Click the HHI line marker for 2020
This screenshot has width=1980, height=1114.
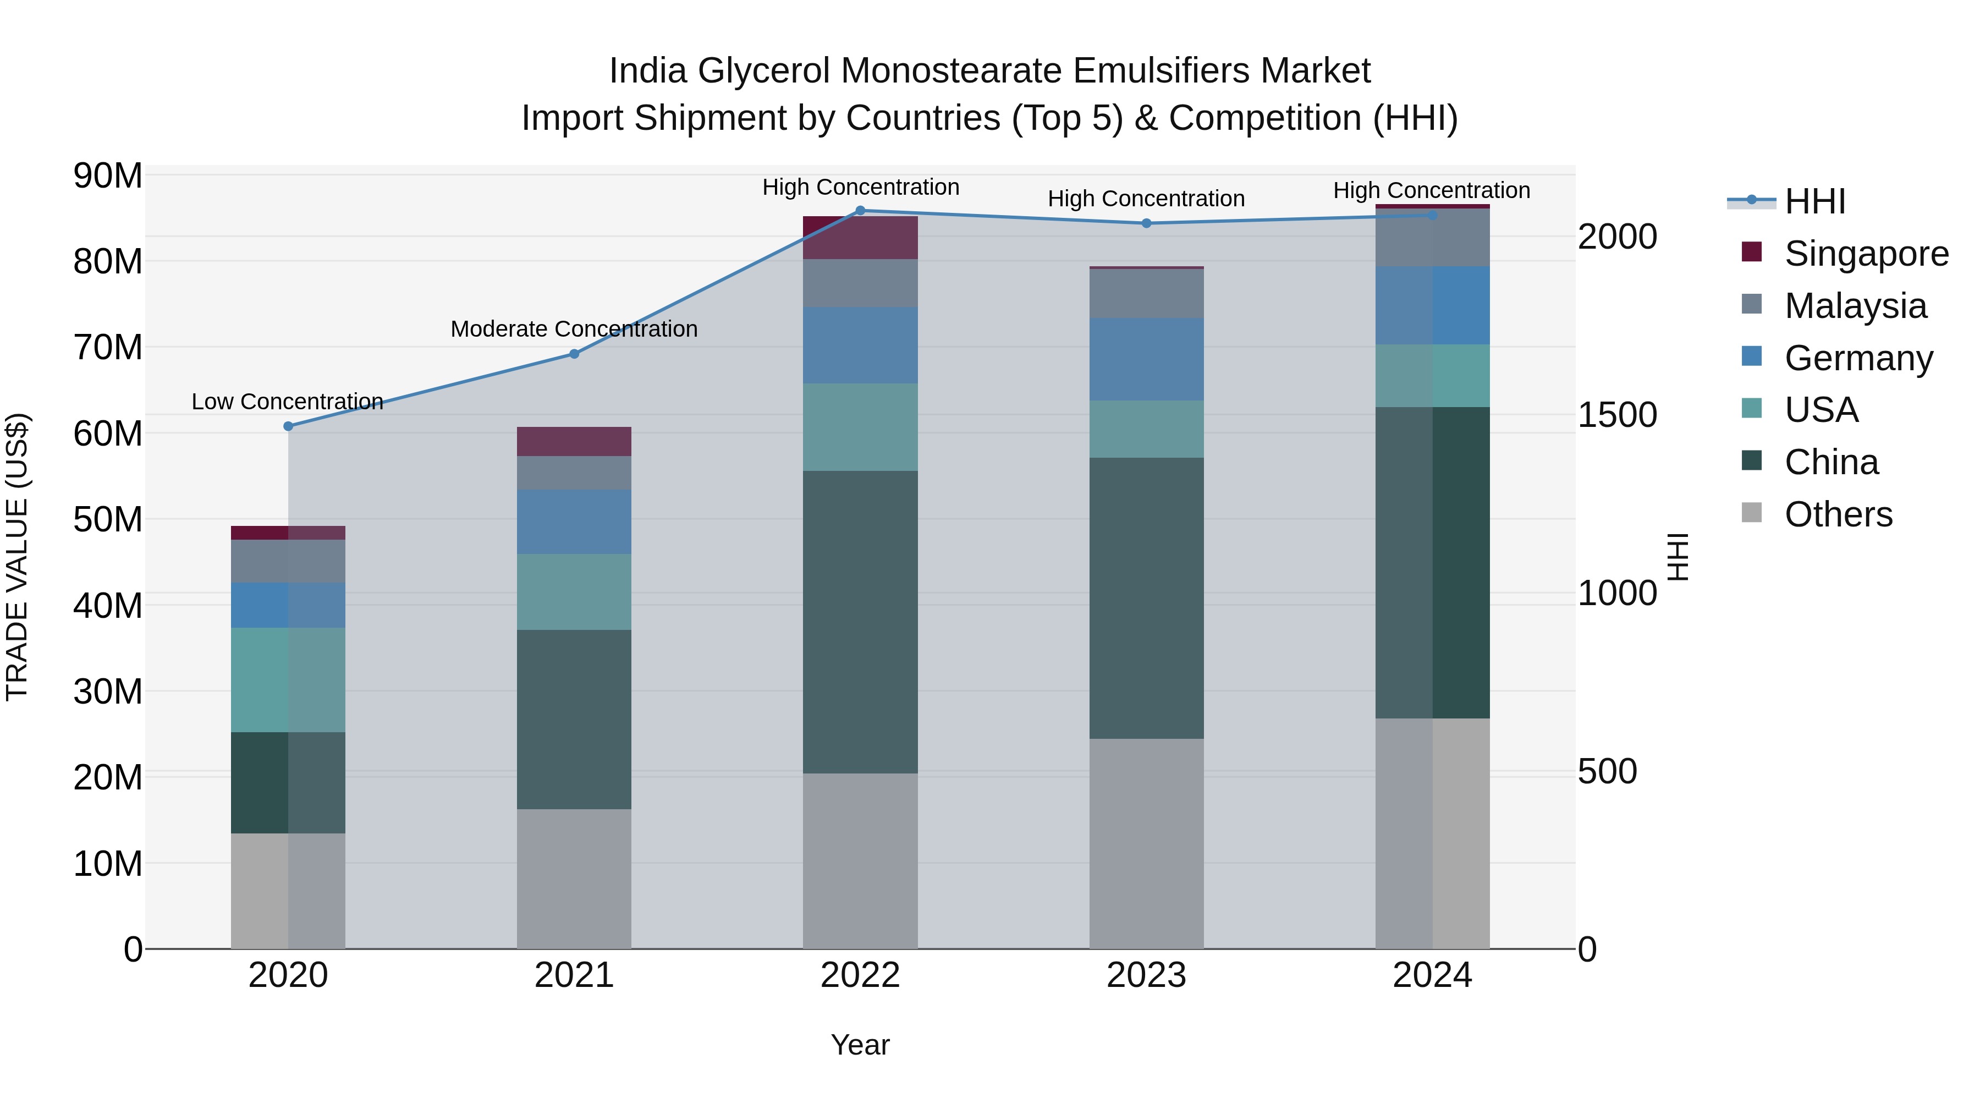[x=288, y=426]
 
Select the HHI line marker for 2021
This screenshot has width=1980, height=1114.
[x=574, y=354]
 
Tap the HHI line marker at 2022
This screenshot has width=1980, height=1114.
[x=860, y=211]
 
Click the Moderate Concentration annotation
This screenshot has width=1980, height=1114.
[x=574, y=329]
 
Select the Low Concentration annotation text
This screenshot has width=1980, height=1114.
[x=288, y=402]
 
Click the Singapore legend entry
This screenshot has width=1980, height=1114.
[x=1866, y=254]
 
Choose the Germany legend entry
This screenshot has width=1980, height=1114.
[x=1858, y=358]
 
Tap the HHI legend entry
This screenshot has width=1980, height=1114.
[x=1814, y=201]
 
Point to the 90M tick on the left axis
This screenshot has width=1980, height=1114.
[x=108, y=176]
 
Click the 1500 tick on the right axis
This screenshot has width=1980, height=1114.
[x=1616, y=415]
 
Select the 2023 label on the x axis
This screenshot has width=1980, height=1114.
[x=1146, y=975]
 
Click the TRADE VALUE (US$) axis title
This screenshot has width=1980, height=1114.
[x=17, y=557]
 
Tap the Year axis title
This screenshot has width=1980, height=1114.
[x=860, y=1045]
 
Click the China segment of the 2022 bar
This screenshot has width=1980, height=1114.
[x=860, y=622]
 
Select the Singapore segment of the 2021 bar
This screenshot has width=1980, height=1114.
[x=574, y=441]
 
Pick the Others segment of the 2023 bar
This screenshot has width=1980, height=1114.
[x=1146, y=843]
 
